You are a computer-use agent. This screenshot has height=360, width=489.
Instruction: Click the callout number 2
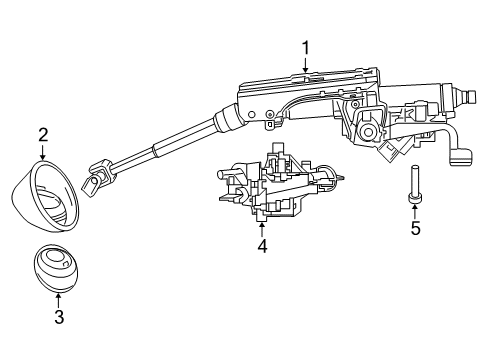(43, 134)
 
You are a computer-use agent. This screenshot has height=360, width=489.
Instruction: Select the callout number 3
(59, 317)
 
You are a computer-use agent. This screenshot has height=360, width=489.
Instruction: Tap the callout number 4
(262, 244)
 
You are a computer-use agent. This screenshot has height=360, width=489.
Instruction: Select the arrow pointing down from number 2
(43, 152)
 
